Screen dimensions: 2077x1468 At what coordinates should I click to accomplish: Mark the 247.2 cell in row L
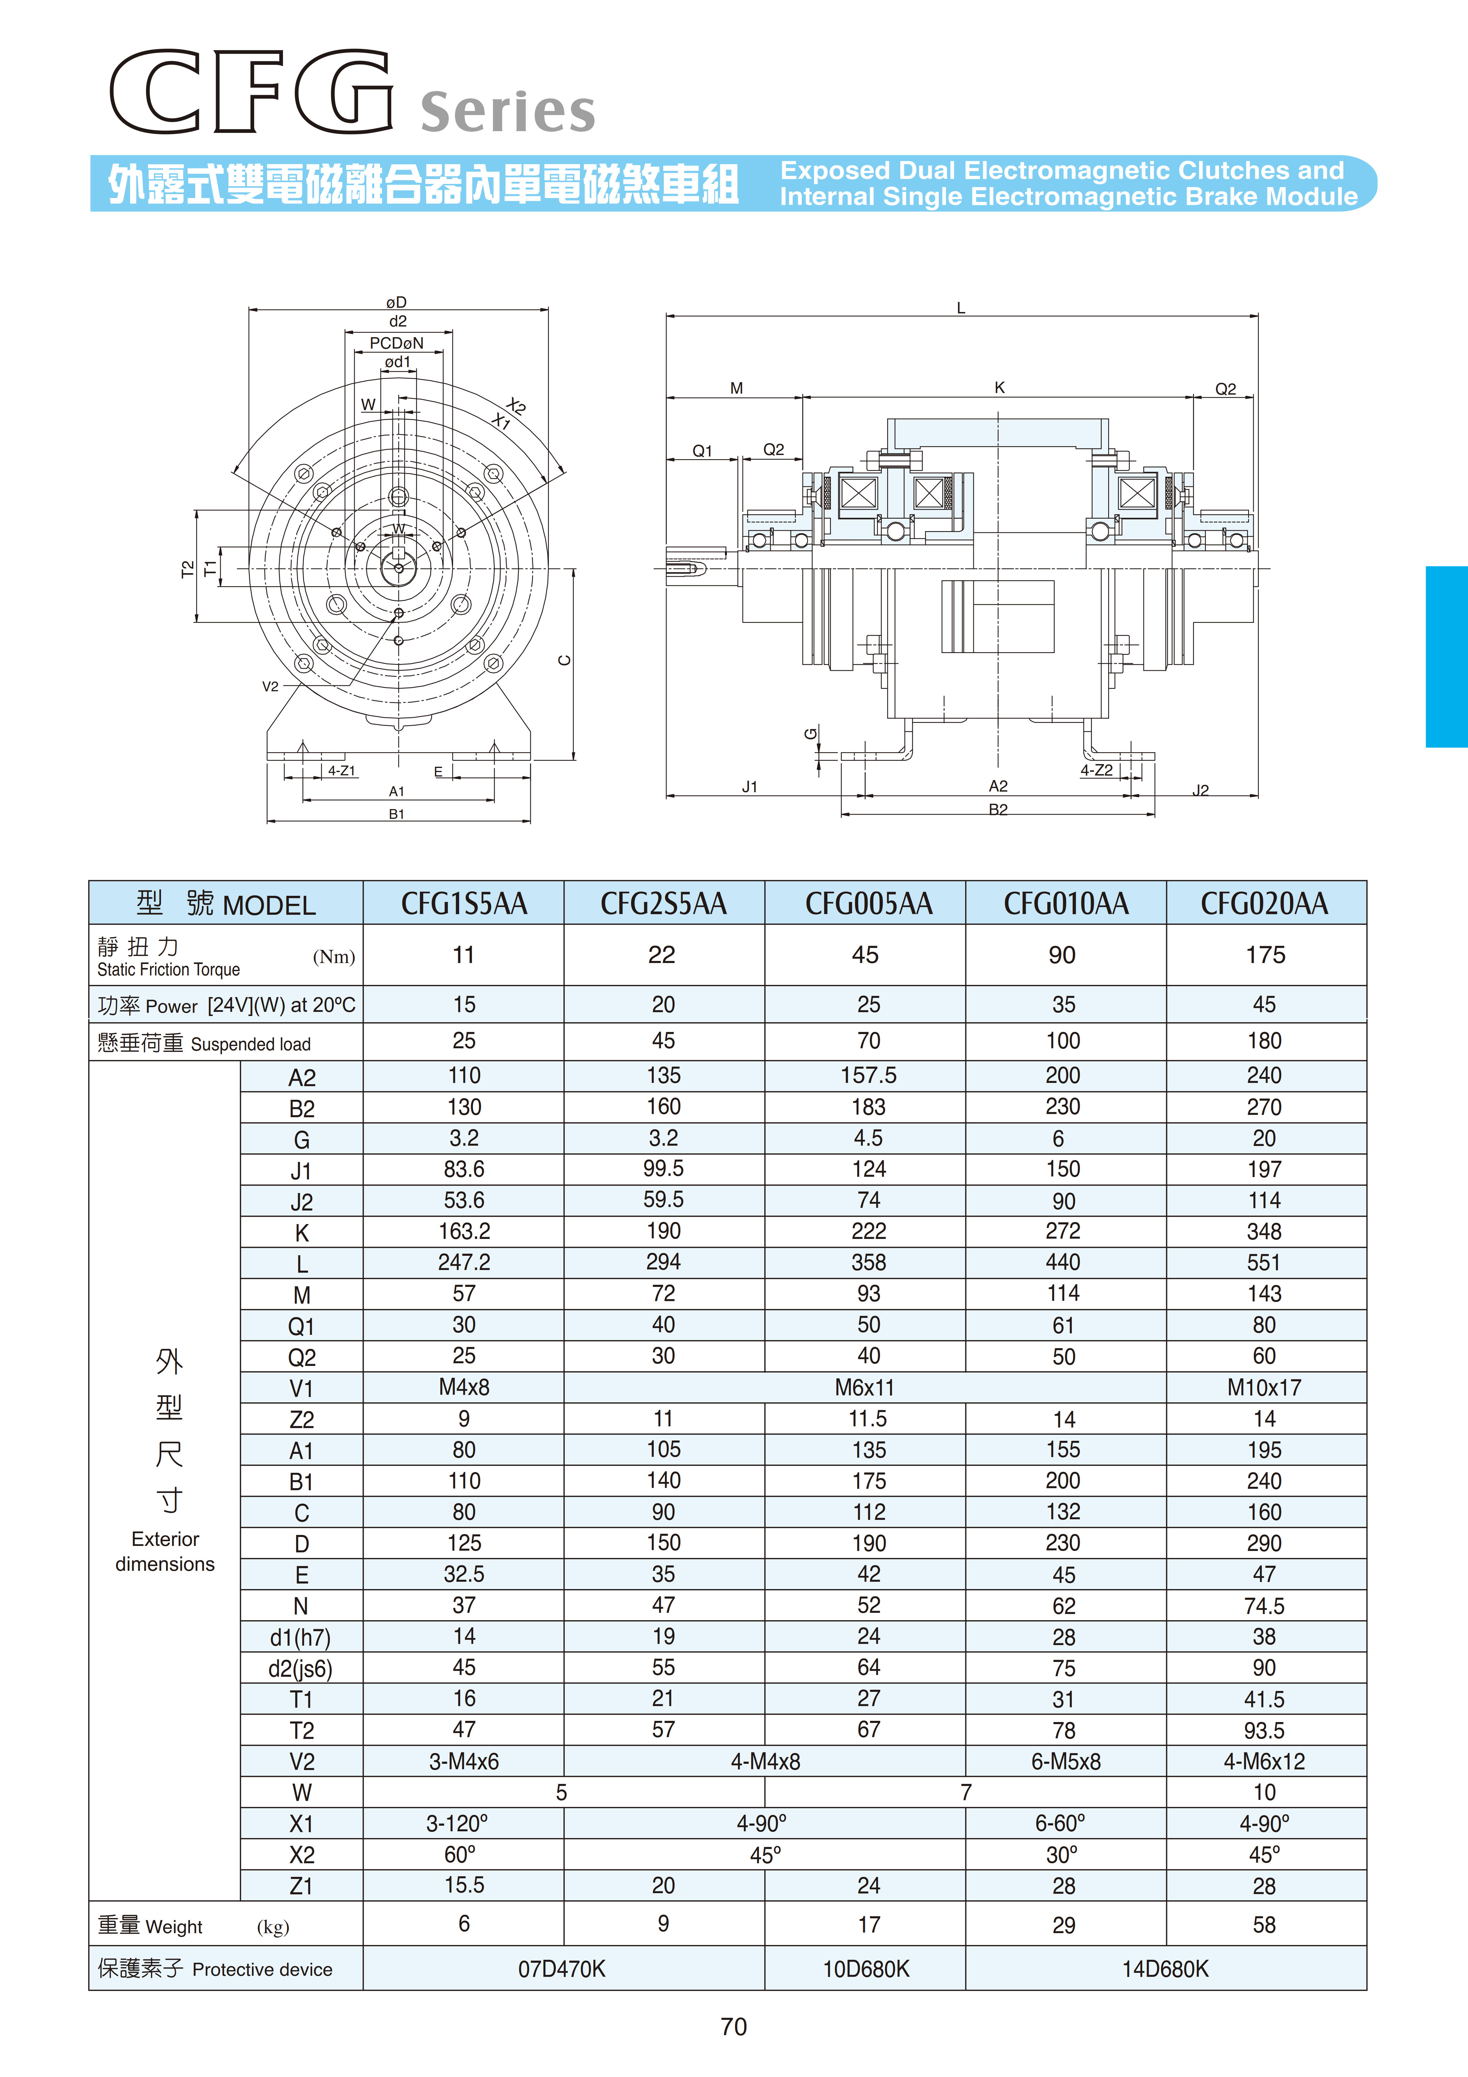click(464, 1263)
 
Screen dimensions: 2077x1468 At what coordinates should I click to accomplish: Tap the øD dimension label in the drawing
click(396, 302)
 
